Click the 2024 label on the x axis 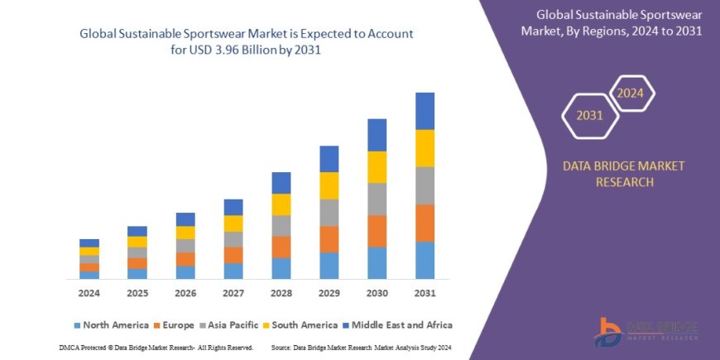[89, 294]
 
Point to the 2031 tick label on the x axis [425, 294]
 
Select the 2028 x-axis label [281, 294]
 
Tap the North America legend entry [111, 325]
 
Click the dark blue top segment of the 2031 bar [425, 111]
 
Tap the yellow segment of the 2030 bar [377, 167]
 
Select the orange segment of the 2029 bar [329, 239]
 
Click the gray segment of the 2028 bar [281, 226]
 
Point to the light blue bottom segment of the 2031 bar [425, 260]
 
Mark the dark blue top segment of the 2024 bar [89, 242]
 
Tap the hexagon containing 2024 [631, 93]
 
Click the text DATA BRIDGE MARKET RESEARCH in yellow [624, 174]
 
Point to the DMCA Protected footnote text [156, 348]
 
